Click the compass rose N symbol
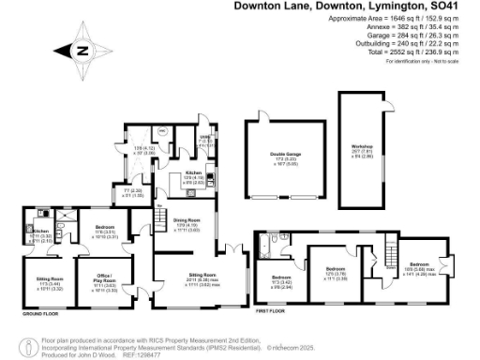pos(82,51)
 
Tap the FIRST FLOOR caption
pos(270,306)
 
